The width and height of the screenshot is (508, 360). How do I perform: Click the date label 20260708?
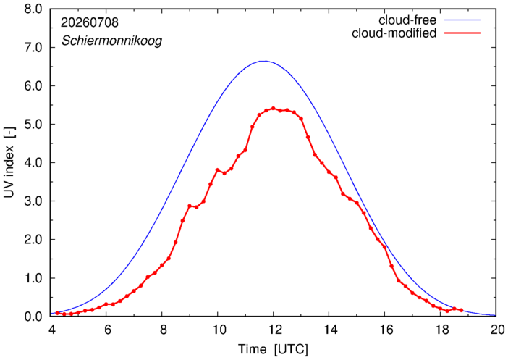[x=90, y=22]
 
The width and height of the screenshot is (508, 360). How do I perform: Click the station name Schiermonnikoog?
[x=111, y=41]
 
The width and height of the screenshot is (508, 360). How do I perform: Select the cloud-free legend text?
[x=407, y=20]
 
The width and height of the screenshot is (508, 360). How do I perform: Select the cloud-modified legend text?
[x=394, y=33]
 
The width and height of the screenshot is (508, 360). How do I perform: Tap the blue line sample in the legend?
[x=462, y=20]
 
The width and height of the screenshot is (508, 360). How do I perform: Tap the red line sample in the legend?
[x=462, y=33]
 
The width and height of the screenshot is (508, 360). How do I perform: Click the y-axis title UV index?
[x=9, y=162]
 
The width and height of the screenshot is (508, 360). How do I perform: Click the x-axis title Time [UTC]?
[x=273, y=349]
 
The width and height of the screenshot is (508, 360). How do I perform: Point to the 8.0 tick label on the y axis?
[x=33, y=9]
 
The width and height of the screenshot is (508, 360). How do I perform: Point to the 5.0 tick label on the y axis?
[x=33, y=124]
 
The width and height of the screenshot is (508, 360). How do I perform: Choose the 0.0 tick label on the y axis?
[x=33, y=317]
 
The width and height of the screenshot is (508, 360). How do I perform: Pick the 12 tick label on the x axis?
[x=273, y=330]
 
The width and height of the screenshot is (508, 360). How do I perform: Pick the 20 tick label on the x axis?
[x=497, y=330]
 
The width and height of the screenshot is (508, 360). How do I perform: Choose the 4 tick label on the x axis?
[x=51, y=330]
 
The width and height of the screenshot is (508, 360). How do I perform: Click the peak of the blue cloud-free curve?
[x=265, y=61]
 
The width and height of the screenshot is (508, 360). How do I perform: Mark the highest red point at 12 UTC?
[x=273, y=109]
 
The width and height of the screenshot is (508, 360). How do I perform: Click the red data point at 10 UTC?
[x=217, y=170]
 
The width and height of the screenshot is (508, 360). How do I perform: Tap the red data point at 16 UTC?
[x=384, y=247]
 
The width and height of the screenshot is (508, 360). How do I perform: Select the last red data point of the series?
[x=461, y=310]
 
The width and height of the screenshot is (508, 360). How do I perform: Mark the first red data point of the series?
[x=57, y=313]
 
